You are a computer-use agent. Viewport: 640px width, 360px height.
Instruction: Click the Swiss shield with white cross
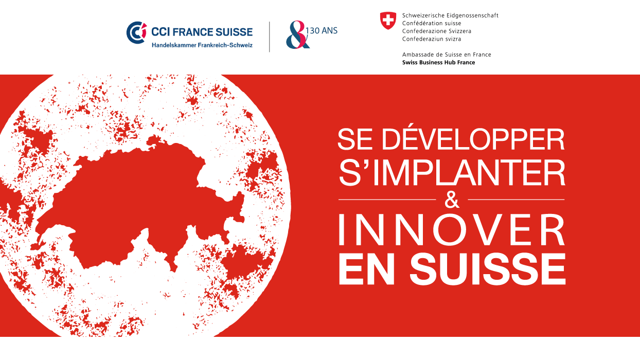coord(388,21)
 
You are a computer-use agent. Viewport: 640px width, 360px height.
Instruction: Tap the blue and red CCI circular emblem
coord(136,32)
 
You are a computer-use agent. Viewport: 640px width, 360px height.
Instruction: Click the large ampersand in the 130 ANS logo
coord(297,34)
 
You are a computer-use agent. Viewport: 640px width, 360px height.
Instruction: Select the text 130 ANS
coord(322,30)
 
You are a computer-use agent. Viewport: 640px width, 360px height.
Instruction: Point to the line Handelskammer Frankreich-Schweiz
coord(202,45)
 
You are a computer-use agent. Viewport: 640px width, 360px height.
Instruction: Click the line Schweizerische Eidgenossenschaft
coord(450,15)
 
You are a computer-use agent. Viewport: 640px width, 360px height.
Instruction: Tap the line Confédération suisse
coord(432,23)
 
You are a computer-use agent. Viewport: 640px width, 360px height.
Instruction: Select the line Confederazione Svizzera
coord(437,31)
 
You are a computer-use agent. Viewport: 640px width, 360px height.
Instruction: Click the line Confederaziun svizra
coord(432,39)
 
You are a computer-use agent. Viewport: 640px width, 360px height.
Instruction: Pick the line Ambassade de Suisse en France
coord(447,55)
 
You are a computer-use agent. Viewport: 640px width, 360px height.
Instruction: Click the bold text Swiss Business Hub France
coord(438,62)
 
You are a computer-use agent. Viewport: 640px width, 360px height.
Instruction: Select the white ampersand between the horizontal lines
coord(452,200)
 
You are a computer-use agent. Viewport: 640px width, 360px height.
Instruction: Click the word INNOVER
coord(452,230)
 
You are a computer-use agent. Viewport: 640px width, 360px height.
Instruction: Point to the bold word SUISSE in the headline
coord(487,269)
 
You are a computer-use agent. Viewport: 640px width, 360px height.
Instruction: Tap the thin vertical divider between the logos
coord(270,37)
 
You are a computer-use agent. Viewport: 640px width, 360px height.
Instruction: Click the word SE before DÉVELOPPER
coord(355,139)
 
